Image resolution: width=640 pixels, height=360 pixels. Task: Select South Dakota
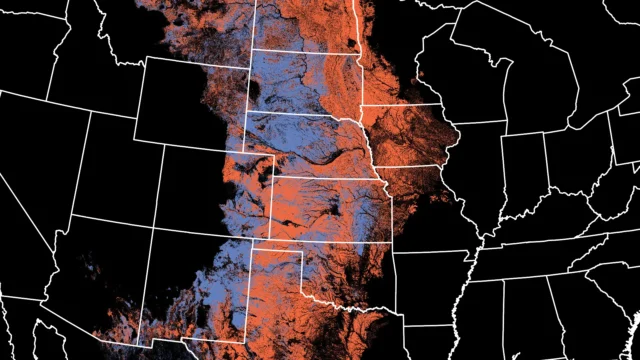pyautogui.click(x=300, y=80)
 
